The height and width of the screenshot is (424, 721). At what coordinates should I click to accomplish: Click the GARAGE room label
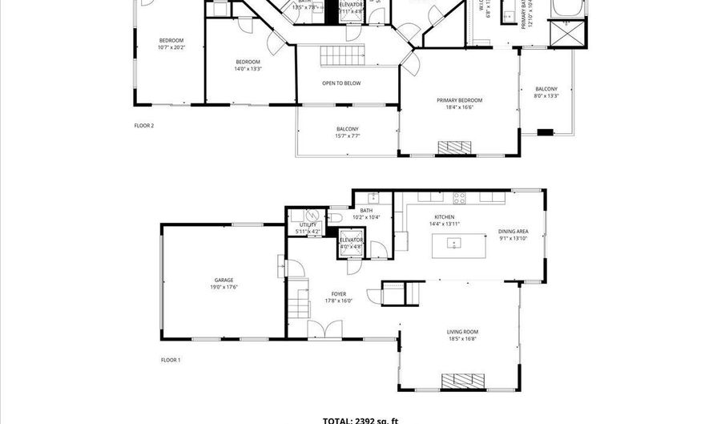click(x=224, y=280)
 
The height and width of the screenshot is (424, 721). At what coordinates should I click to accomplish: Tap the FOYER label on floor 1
click(x=339, y=294)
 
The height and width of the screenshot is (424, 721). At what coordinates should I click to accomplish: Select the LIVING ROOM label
click(x=462, y=332)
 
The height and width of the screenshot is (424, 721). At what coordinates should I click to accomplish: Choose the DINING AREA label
click(x=513, y=231)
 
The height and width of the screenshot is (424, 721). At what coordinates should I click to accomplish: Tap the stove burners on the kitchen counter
click(x=461, y=198)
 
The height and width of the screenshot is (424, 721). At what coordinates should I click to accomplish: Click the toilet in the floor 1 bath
click(x=337, y=217)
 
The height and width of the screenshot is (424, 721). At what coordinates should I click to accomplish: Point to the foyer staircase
click(x=300, y=304)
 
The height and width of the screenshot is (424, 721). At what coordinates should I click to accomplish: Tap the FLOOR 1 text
click(x=171, y=360)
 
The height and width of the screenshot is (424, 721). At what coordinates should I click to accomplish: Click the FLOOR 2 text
click(x=143, y=125)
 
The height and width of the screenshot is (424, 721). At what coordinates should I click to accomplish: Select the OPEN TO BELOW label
click(x=341, y=83)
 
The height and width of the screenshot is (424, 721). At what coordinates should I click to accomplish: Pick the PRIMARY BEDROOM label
click(x=459, y=100)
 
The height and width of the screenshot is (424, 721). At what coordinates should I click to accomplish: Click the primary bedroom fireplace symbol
click(x=459, y=147)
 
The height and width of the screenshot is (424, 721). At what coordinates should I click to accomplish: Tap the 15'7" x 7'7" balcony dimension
click(x=348, y=136)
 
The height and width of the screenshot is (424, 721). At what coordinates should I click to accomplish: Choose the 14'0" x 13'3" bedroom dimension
click(x=248, y=69)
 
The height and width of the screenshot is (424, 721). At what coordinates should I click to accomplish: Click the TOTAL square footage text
click(x=360, y=419)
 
